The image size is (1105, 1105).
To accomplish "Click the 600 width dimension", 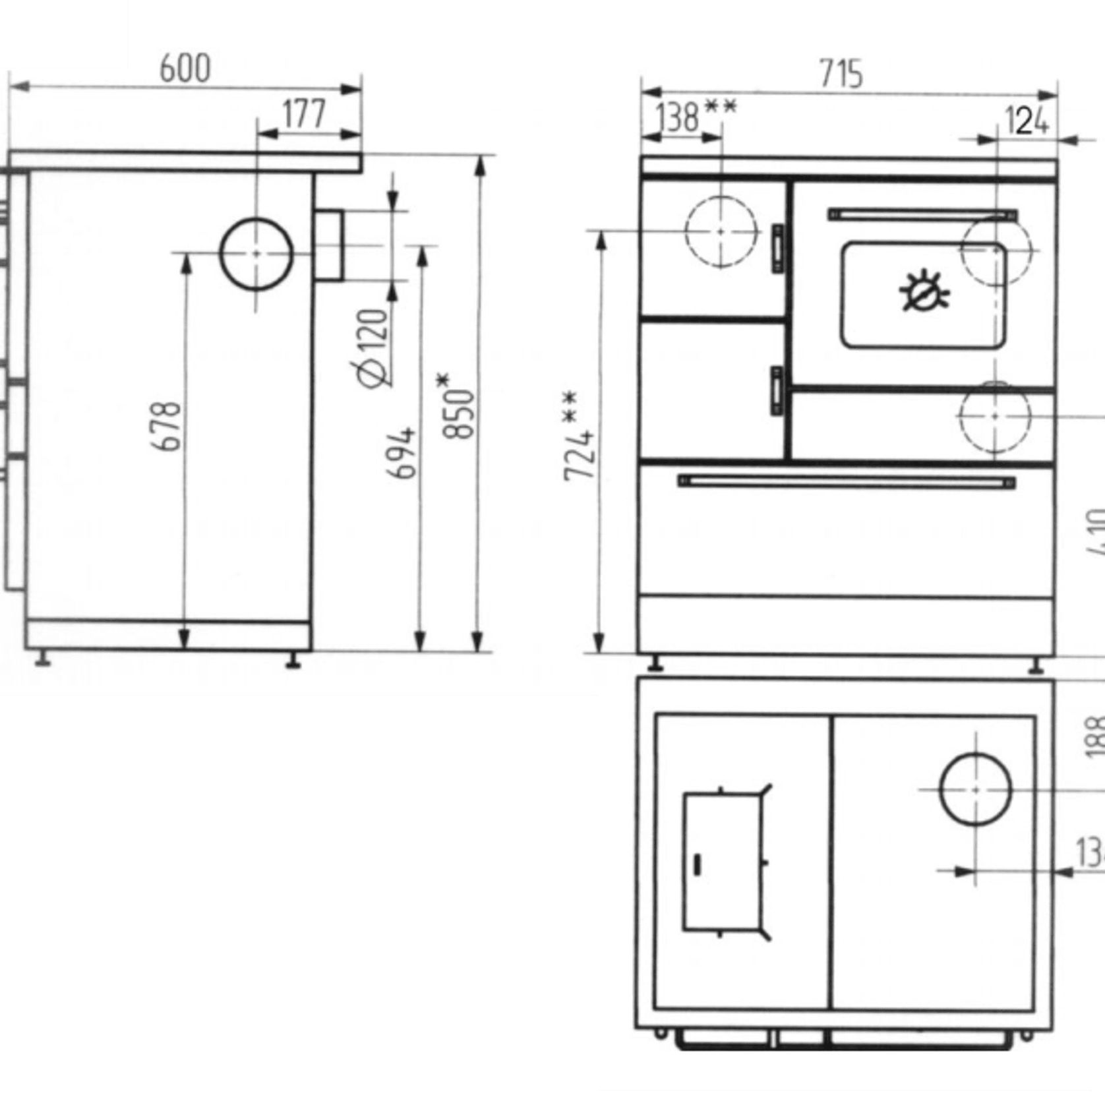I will point(185,69).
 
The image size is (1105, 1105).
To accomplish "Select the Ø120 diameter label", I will point(373,348).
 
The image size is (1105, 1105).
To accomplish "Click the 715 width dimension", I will point(841,74).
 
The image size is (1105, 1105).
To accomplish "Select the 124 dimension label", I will point(1026,121).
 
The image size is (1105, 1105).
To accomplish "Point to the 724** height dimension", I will point(580,437).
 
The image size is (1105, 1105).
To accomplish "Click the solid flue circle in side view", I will point(256,254).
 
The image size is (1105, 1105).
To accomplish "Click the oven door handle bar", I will point(922,215).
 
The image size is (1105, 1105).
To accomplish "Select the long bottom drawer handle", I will point(847,482).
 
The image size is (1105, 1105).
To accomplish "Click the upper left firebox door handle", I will point(778,249).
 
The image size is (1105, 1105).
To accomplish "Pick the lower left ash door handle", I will point(777,390).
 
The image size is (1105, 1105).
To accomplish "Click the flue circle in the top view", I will point(976,789).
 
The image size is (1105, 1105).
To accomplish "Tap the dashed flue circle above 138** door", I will point(721,231).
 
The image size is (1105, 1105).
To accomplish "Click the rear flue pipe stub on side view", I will point(329,246).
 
